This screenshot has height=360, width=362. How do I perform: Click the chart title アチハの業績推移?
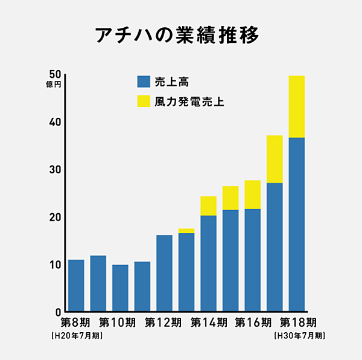click(177, 35)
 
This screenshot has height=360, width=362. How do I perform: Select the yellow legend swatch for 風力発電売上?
click(144, 101)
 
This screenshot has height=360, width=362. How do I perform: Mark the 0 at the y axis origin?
click(58, 312)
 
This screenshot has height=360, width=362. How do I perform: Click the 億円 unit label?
click(54, 85)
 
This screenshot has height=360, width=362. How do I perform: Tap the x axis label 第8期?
click(75, 322)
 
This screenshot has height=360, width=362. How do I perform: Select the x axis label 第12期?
click(164, 322)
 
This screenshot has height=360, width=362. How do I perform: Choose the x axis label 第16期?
click(252, 322)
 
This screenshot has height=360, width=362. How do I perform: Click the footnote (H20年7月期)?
click(77, 335)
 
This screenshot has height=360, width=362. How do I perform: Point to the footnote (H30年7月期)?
click(299, 335)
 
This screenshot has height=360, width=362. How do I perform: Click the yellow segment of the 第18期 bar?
click(296, 106)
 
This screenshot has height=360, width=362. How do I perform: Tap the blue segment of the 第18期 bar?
click(296, 223)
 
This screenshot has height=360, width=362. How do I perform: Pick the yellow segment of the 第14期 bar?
click(208, 205)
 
